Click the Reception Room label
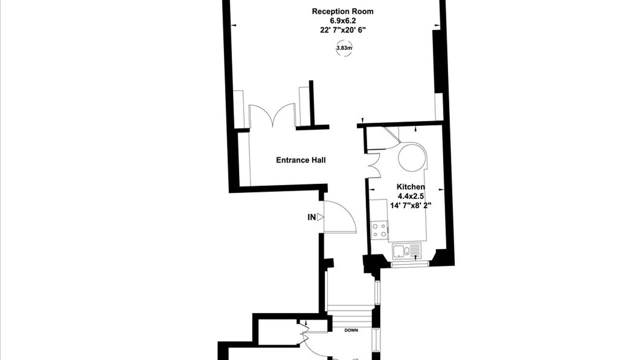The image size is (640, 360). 342,11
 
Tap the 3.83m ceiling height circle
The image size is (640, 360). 344,48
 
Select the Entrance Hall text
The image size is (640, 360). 301,160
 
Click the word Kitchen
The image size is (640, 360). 411,187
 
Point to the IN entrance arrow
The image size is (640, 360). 320,217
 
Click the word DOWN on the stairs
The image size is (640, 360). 351,330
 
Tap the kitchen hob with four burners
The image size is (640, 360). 379,230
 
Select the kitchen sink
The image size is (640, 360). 406,251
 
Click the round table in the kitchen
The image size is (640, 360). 412,157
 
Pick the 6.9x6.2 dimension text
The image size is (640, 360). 343,20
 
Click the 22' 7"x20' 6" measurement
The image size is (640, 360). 343,30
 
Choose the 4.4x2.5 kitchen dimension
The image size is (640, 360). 410,196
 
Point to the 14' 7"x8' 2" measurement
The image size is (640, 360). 410,205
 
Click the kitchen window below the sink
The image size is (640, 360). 409,264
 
